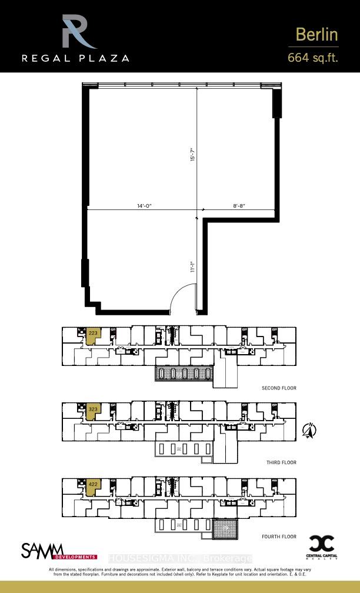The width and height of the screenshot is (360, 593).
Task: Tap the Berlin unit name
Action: point(316,35)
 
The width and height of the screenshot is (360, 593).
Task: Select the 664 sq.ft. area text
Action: point(312,58)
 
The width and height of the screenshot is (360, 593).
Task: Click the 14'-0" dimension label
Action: point(144,206)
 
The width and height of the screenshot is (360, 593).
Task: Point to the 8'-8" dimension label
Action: point(238,206)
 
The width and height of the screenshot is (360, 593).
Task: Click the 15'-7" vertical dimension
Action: point(192,156)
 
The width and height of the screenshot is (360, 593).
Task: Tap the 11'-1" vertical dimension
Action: point(192,267)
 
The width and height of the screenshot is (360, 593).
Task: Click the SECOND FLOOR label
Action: point(279,388)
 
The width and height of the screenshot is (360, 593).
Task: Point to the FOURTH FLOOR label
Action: point(279,537)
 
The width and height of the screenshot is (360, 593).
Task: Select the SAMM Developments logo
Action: point(59,551)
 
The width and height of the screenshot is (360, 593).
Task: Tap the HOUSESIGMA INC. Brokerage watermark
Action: point(180,558)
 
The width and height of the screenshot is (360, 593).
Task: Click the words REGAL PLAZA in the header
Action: point(75,58)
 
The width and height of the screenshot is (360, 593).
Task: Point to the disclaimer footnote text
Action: point(180,572)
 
